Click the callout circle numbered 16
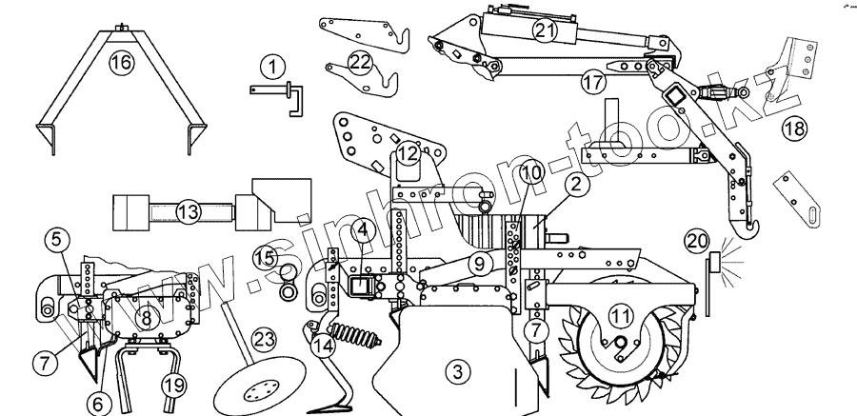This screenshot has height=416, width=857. (x=119, y=64)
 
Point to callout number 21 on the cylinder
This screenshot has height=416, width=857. (x=544, y=30)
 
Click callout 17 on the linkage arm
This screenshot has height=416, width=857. (x=592, y=83)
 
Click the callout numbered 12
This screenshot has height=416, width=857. (x=408, y=152)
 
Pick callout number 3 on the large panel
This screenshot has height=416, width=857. (x=457, y=368)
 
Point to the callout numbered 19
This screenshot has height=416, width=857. (x=170, y=384)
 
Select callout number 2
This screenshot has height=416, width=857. (x=573, y=188)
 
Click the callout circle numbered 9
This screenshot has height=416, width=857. (x=480, y=260)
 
